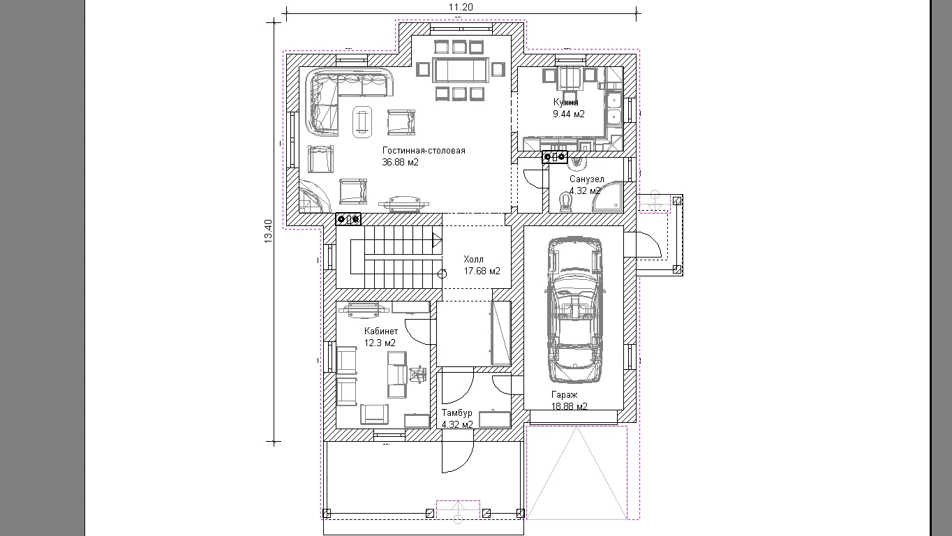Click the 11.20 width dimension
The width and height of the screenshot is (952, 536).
tap(461, 7)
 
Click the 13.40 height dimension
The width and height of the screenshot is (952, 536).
tap(268, 231)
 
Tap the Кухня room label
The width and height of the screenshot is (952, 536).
tap(565, 103)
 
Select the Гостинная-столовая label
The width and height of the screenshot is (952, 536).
tap(424, 151)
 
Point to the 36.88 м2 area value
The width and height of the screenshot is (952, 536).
tap(400, 162)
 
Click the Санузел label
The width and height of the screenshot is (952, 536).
tap(586, 179)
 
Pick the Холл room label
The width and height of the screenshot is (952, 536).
tap(473, 260)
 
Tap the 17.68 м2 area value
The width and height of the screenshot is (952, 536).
tap(482, 271)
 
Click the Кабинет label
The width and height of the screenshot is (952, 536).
tap(381, 331)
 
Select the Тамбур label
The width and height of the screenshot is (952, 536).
tap(457, 412)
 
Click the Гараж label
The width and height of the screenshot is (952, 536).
tap(565, 394)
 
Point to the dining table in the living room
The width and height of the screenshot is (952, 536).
tap(461, 70)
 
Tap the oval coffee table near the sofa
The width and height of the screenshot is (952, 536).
tap(362, 121)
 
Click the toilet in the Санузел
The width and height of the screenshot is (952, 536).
tap(565, 202)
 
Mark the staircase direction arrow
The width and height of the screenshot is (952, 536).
tap(437, 240)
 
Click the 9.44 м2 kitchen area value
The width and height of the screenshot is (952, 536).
tap(569, 114)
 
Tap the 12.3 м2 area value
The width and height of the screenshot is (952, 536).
tap(380, 343)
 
